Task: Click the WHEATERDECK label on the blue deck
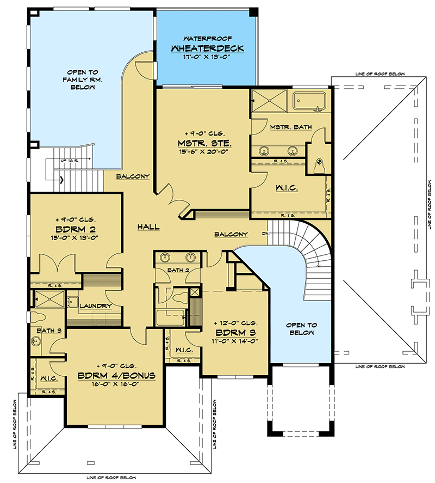[x=207, y=48]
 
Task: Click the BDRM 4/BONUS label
[x=117, y=375]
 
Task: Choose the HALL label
[x=148, y=227]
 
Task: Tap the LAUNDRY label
[x=96, y=306]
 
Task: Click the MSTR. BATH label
[x=291, y=127]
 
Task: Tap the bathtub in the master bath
[x=309, y=102]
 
